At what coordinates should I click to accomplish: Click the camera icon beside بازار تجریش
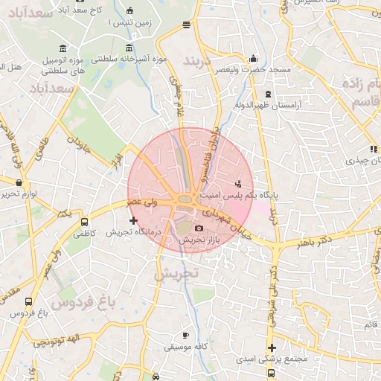click(x=199, y=228)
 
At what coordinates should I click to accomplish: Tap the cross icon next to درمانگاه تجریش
click(x=133, y=220)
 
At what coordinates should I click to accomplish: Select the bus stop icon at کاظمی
click(x=84, y=221)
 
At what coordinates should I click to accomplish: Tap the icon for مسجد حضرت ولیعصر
click(x=253, y=59)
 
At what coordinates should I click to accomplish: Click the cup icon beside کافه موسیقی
click(x=185, y=335)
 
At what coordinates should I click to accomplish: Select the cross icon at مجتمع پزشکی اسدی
click(x=272, y=348)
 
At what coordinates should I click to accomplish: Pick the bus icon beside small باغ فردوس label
click(x=28, y=302)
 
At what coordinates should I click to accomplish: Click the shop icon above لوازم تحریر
click(x=19, y=182)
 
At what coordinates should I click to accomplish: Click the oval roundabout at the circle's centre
click(x=185, y=199)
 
